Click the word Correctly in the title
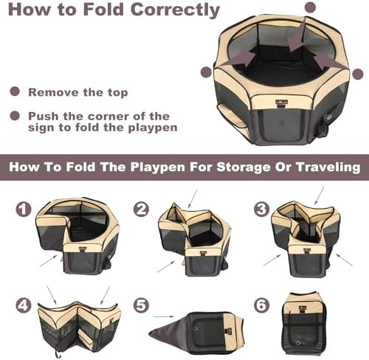175,10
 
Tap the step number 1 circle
24,210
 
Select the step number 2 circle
141,210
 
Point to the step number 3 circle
261,209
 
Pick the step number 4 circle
24,305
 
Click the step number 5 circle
141,305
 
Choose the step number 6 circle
261,305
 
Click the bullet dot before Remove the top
15,91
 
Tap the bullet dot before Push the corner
15,116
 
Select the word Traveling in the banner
328,167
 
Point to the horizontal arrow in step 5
164,316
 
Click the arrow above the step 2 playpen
193,198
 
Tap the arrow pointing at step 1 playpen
49,260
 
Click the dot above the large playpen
310,7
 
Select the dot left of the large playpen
207,72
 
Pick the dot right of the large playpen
358,74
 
